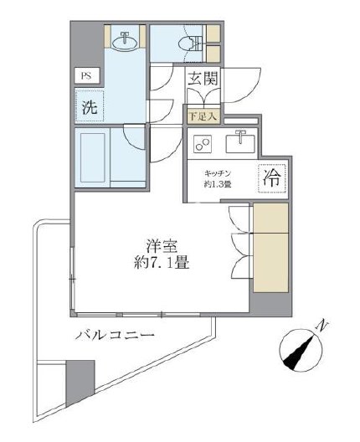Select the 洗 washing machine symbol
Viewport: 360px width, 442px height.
(x=87, y=107)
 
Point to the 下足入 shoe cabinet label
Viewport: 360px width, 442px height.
(x=201, y=116)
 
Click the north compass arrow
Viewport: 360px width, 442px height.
(x=300, y=349)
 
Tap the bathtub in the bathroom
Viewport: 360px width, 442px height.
(x=91, y=157)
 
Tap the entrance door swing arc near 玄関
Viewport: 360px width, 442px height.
(x=235, y=85)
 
